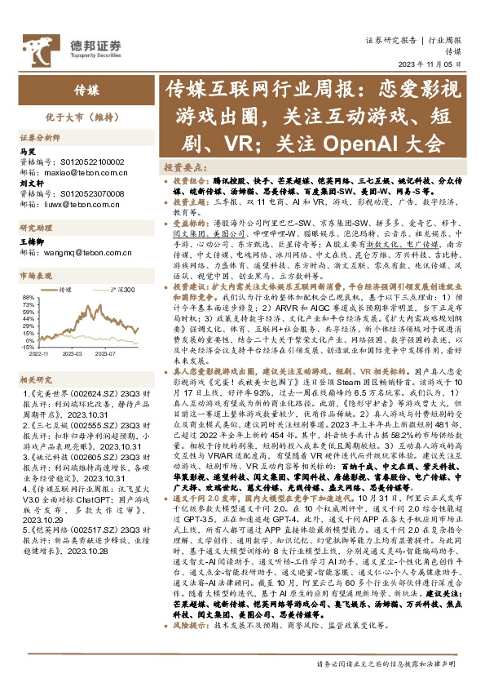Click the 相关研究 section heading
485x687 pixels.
coord(37,380)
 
